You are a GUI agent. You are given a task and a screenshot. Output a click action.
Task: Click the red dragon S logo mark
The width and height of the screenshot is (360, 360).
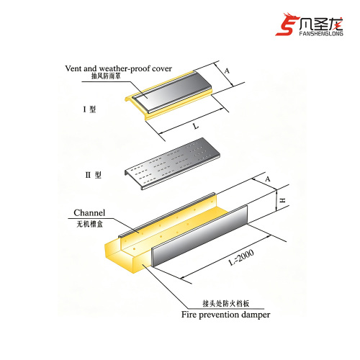[x=287, y=24]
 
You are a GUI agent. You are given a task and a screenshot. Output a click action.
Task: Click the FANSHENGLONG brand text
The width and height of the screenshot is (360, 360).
[x=321, y=33]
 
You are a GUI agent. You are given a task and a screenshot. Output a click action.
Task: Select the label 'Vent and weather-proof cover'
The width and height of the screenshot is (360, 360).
[x=118, y=68]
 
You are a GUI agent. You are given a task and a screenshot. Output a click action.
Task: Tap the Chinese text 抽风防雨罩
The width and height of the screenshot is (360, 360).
[x=106, y=76]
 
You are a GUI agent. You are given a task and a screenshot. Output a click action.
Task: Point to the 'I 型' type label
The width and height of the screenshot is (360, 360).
[x=89, y=109]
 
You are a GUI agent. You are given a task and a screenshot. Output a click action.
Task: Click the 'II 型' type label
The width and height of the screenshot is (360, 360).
[x=94, y=174]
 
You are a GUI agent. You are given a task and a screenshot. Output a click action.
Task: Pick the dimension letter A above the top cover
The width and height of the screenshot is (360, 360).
[x=227, y=71]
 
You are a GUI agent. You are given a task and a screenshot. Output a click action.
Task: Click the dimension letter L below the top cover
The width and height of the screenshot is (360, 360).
[x=196, y=126]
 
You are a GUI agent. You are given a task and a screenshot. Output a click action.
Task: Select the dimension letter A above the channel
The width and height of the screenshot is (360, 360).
[x=268, y=179]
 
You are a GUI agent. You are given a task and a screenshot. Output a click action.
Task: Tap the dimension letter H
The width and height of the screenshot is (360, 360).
[x=283, y=200]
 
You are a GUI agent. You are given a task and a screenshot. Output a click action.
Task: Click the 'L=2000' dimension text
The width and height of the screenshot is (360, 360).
[x=241, y=258]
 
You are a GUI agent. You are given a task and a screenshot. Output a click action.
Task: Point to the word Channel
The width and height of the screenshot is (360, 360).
[x=89, y=212]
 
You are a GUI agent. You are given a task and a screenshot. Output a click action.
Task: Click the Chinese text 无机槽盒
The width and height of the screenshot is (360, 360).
[x=89, y=224]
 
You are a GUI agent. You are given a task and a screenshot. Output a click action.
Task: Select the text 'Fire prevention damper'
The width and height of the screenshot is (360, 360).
[x=225, y=315]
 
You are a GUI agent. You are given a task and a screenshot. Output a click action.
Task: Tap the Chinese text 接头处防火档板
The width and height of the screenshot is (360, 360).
[x=226, y=304]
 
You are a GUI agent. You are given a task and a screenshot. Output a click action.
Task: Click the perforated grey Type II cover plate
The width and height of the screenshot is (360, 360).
[x=172, y=163]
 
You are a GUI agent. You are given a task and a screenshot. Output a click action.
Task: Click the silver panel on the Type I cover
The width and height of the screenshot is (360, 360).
[x=172, y=92]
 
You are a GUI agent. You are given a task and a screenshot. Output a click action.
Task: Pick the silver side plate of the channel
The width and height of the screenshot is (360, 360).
[x=199, y=235]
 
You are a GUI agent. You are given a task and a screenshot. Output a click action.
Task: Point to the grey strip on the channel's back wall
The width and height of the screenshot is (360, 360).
[x=167, y=215]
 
